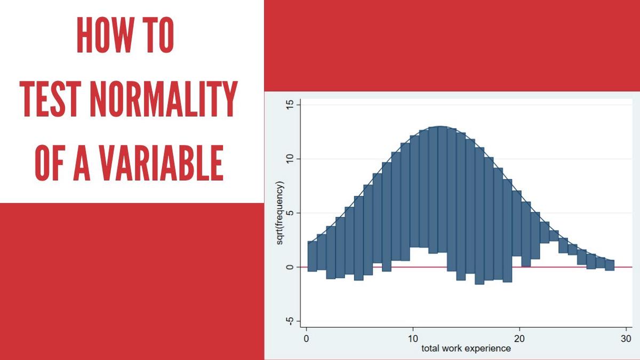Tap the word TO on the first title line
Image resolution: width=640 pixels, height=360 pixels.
tap(158, 36)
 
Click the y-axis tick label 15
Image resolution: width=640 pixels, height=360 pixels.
tap(290, 105)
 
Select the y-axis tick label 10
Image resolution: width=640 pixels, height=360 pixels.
tap(290, 159)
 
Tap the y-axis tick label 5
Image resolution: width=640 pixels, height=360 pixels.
tap(290, 213)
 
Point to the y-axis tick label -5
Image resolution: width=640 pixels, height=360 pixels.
tap(290, 321)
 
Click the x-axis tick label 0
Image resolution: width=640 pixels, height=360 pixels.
tap(306, 339)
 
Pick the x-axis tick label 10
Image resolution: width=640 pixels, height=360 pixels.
tap(413, 339)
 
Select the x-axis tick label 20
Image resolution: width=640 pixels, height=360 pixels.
tap(520, 339)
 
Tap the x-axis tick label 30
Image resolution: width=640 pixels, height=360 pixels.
tap(627, 339)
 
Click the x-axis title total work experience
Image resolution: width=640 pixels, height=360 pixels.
tap(466, 349)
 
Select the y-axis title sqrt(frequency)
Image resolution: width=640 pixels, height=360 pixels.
tap(279, 213)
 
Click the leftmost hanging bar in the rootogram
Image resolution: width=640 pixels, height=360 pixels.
tap(312, 256)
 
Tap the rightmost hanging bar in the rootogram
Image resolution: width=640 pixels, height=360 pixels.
tap(610, 265)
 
